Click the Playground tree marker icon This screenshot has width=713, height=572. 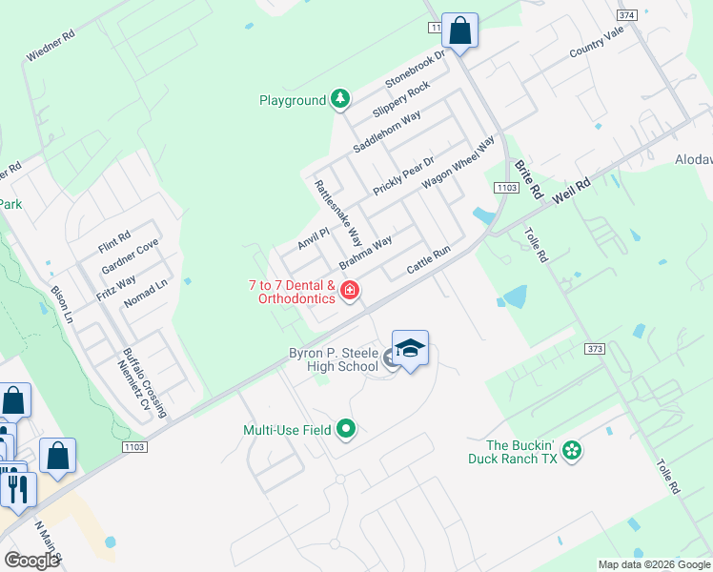coord(340,99)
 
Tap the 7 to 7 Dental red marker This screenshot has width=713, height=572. coord(350,290)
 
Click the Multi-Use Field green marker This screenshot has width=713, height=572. coord(346,430)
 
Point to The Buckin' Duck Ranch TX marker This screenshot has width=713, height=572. coord(571,449)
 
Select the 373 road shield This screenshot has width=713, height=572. coord(596,349)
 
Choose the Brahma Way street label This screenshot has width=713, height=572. coord(366,254)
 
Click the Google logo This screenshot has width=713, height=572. coord(31,561)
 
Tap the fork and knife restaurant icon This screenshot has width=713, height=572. coord(17,487)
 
